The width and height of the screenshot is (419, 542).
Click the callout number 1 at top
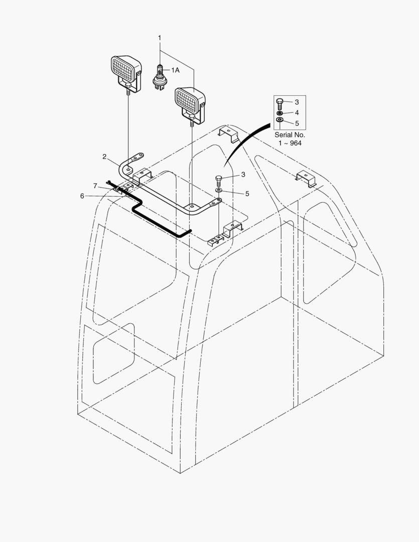(x=160, y=38)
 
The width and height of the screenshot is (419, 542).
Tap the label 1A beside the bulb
(x=175, y=70)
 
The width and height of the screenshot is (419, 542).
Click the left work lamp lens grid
(x=123, y=67)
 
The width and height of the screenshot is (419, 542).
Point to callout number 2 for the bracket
(x=104, y=157)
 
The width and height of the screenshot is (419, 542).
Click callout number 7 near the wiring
(x=95, y=186)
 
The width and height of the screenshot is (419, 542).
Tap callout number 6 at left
(x=82, y=196)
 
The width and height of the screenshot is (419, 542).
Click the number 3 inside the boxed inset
(x=297, y=102)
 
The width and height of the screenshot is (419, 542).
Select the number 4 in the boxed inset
(x=297, y=113)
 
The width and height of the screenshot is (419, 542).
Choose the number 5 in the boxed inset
(x=297, y=123)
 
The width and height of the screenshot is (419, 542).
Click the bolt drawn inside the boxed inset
(x=280, y=104)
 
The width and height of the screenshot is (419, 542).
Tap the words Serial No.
(x=290, y=135)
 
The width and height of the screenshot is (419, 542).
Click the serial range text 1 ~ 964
(x=290, y=143)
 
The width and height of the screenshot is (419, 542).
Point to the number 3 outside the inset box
(x=243, y=175)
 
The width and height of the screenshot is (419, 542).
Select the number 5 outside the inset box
(x=247, y=194)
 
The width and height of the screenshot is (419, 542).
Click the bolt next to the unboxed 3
(x=218, y=181)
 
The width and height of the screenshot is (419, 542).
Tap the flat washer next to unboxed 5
(x=219, y=190)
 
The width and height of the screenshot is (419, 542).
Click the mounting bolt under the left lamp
(x=128, y=88)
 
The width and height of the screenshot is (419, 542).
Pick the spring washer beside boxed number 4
(x=280, y=113)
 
